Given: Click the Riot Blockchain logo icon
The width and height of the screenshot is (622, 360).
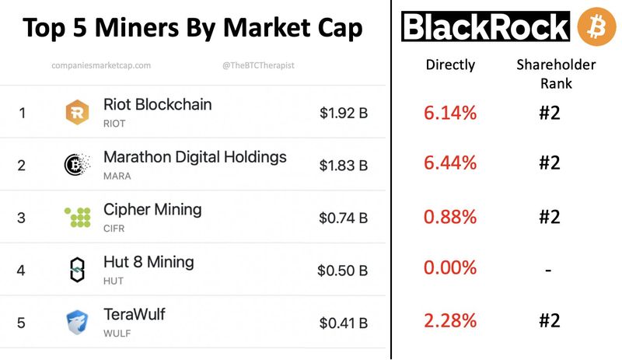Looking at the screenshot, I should (x=77, y=113).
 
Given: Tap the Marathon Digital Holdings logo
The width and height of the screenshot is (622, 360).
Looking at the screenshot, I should (x=77, y=165).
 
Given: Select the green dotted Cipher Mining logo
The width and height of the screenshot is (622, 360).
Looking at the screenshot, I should (x=77, y=217).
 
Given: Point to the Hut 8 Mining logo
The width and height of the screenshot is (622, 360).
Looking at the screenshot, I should (x=77, y=270).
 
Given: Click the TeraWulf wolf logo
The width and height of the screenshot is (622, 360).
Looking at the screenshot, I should (x=77, y=322).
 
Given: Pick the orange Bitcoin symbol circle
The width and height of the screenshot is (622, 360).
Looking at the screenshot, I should (x=596, y=26).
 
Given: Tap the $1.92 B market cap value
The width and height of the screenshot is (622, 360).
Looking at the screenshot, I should (x=343, y=113).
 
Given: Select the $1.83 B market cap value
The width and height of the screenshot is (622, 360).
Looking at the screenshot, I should (x=343, y=165).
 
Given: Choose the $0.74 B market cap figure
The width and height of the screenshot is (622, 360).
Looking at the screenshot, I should (x=343, y=218).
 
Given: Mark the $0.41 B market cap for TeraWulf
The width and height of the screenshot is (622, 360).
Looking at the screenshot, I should (x=343, y=323).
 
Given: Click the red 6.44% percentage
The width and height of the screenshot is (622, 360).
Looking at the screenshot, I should (x=450, y=163).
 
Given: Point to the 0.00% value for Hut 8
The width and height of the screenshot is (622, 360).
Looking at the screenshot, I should (x=450, y=268).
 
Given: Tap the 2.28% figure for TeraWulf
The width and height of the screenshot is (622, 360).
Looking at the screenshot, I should (x=450, y=320).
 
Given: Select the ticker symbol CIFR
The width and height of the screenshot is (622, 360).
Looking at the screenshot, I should (x=114, y=229).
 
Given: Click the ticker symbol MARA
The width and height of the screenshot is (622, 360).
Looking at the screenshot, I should (x=117, y=176).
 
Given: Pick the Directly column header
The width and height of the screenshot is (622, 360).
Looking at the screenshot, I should (x=450, y=65).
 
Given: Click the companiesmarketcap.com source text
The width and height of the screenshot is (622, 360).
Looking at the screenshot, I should (x=101, y=66).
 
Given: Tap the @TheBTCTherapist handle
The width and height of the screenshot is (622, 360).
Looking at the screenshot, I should (x=258, y=66).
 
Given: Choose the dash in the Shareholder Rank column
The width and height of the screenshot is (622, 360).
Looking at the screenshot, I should (x=549, y=270).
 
